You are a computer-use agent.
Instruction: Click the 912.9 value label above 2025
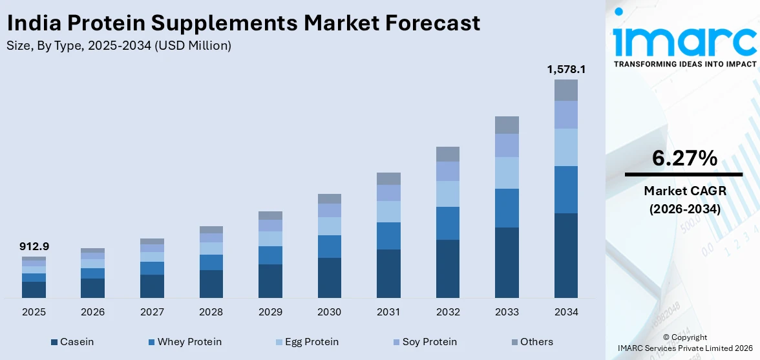click(34, 246)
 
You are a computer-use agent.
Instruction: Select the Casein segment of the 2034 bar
click(565, 255)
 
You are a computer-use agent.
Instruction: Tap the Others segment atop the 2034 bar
click(565, 90)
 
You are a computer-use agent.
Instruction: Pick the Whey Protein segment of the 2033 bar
click(507, 207)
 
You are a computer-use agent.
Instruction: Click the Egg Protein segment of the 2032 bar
click(447, 193)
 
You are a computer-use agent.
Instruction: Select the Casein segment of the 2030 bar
click(329, 278)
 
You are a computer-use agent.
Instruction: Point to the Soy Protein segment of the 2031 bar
click(388, 193)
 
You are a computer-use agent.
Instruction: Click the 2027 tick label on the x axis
click(152, 312)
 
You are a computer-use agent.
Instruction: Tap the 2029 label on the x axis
click(270, 312)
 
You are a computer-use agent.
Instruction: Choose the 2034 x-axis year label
click(565, 312)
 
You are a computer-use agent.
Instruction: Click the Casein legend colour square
click(54, 342)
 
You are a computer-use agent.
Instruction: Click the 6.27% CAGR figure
click(684, 158)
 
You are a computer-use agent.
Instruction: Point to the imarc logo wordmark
click(684, 40)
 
